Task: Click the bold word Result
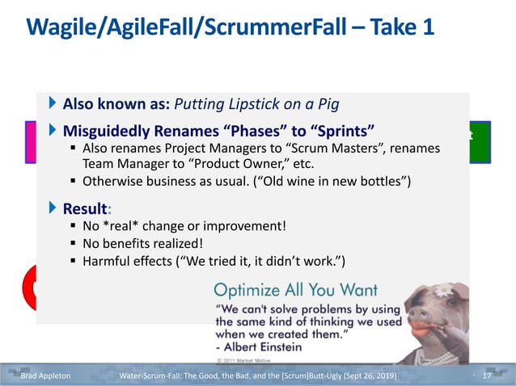(x=86, y=209)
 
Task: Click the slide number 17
(x=487, y=376)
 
